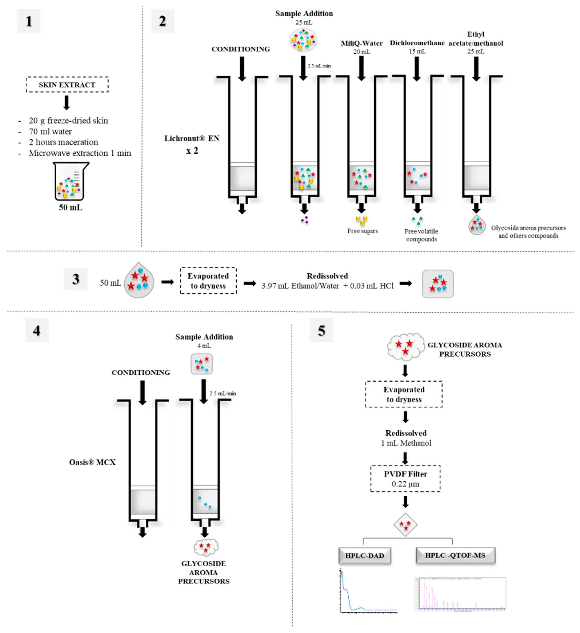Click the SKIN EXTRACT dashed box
67,85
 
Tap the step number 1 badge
29,21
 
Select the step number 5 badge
321,330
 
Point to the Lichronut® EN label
192,138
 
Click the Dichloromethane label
417,43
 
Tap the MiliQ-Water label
362,43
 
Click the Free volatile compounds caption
421,235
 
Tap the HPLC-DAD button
365,556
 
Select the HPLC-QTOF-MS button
455,555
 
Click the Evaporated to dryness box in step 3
208,281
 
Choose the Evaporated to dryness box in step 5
404,394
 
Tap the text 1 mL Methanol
406,443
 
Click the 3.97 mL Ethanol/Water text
300,286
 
